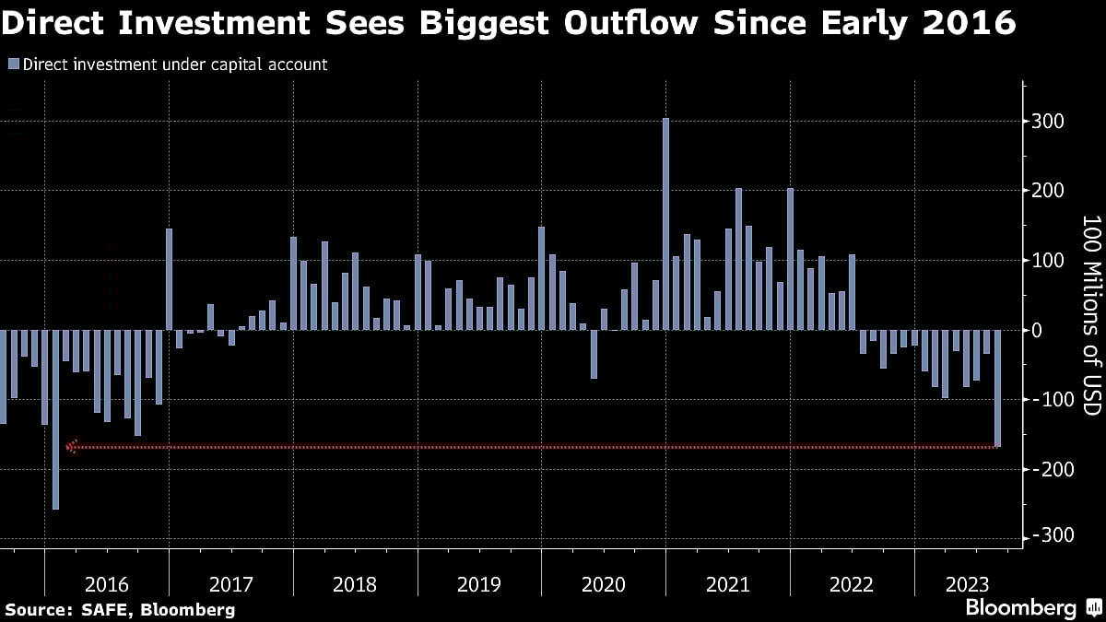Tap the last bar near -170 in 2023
point(997,388)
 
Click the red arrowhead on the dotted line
point(72,447)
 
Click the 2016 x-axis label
point(106,584)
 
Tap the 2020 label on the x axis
point(603,584)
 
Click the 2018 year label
point(355,584)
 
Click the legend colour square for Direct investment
point(13,65)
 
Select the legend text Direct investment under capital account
point(174,65)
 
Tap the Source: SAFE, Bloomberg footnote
point(120,609)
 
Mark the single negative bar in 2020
point(594,354)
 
